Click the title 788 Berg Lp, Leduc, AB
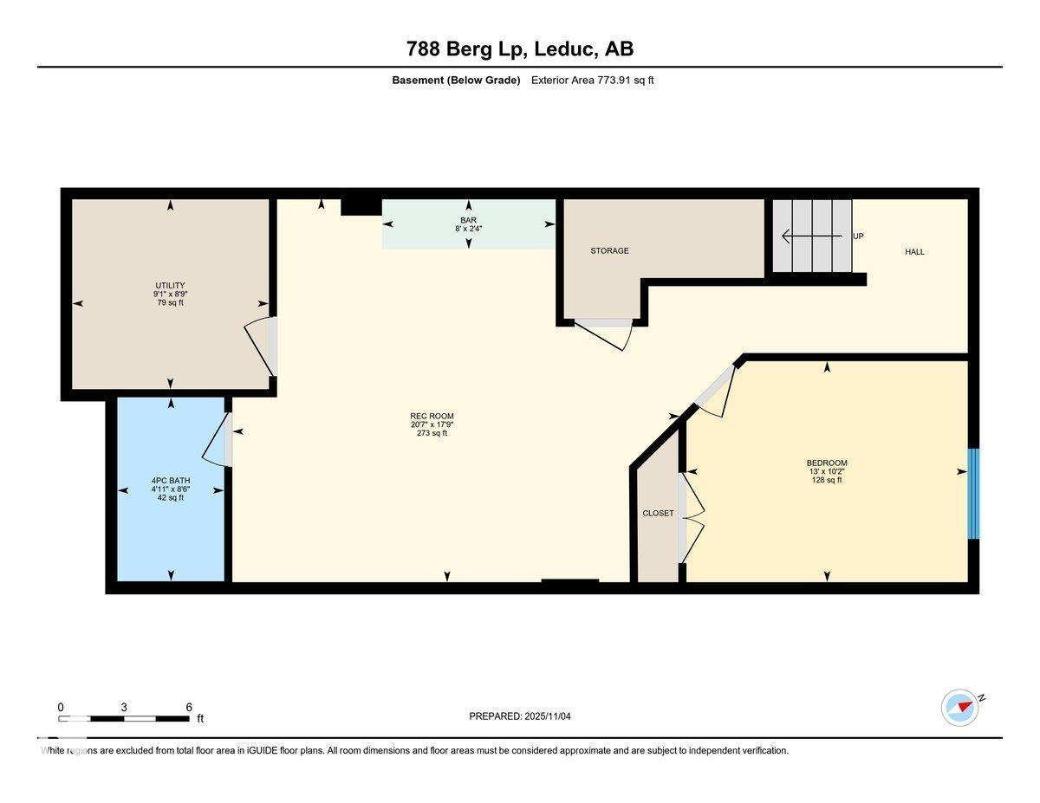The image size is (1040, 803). pyautogui.click(x=520, y=49)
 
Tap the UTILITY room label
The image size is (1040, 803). pyautogui.click(x=170, y=285)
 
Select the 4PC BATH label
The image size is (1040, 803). pyautogui.click(x=170, y=480)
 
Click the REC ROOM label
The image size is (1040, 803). pyautogui.click(x=432, y=416)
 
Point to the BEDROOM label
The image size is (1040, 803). pyautogui.click(x=827, y=463)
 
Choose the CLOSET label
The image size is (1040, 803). pyautogui.click(x=658, y=513)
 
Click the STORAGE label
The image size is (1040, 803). pyautogui.click(x=609, y=250)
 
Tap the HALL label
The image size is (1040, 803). pyautogui.click(x=914, y=252)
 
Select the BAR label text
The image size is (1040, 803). pyautogui.click(x=468, y=220)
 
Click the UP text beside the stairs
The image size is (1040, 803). pyautogui.click(x=858, y=236)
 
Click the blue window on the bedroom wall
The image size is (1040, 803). pyautogui.click(x=973, y=494)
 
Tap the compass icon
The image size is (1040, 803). pyautogui.click(x=960, y=708)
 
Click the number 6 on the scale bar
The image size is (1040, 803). pyautogui.click(x=189, y=707)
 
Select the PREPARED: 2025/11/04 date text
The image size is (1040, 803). pyautogui.click(x=520, y=716)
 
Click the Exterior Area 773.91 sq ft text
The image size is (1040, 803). pyautogui.click(x=592, y=81)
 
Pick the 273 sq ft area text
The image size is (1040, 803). pyautogui.click(x=432, y=433)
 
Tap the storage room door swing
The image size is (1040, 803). pyautogui.click(x=607, y=334)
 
